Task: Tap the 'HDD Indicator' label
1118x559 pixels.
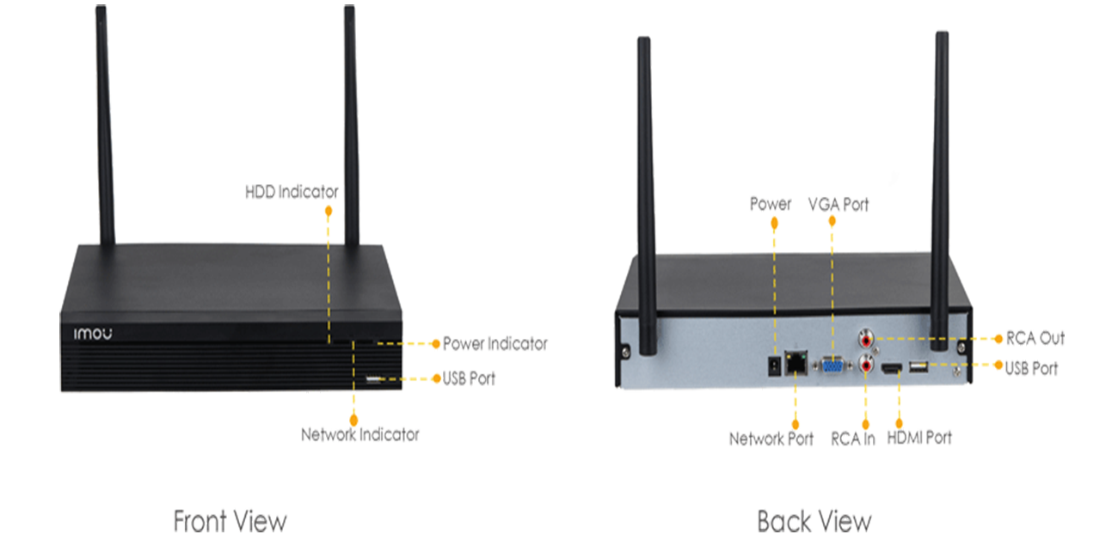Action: coord(293,191)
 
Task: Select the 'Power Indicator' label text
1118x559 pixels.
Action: coord(494,344)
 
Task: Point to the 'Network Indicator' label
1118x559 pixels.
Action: coord(359,434)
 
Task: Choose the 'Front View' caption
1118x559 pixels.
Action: coord(230,520)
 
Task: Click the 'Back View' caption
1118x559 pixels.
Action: coord(814,520)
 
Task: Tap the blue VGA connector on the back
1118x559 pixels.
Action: coord(832,366)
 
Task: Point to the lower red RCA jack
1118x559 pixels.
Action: coord(865,365)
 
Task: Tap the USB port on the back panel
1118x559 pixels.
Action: coord(918,369)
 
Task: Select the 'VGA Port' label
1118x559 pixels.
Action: coord(838,205)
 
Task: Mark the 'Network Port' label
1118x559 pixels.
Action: coord(770,438)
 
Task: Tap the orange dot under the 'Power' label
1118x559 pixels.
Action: coord(775,223)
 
